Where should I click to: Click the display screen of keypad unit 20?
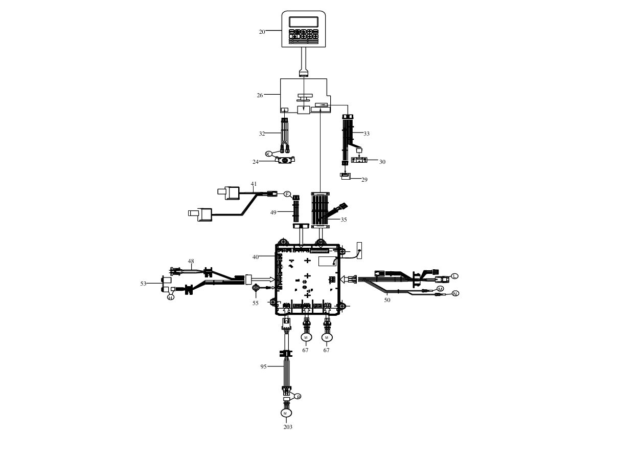coord(303,22)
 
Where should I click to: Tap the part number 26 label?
coord(260,95)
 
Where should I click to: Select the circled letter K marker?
coord(268,154)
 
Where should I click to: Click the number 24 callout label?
coord(255,162)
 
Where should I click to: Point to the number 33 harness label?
coord(367,134)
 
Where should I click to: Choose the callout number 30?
coord(382,162)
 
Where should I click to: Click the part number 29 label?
coord(364,180)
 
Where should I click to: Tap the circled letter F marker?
coord(287,194)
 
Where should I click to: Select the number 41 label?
coord(254,184)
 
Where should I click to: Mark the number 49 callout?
coord(273,212)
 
